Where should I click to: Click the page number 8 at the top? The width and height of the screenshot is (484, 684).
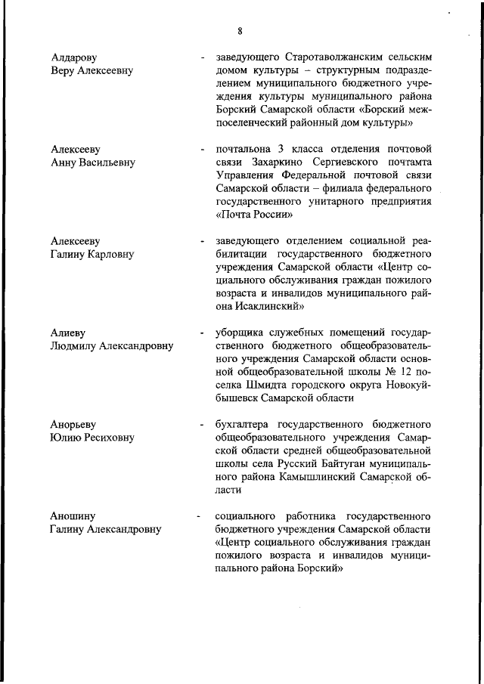tap(240, 31)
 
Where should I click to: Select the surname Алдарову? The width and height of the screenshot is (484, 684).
tap(74, 57)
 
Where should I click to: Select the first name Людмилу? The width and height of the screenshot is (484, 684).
tap(74, 346)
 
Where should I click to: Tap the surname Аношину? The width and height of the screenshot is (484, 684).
tap(73, 517)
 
